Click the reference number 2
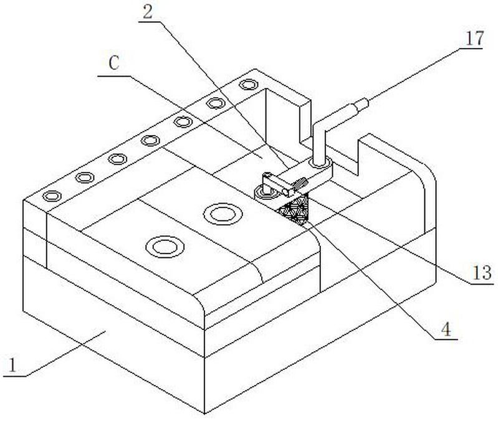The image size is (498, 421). tap(147, 12)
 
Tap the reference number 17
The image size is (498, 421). tap(474, 39)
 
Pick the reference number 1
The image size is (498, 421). tap(12, 365)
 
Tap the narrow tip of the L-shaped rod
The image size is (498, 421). tap(363, 104)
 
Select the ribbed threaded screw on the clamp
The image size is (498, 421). tap(300, 184)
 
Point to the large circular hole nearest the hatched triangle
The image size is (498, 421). tap(223, 214)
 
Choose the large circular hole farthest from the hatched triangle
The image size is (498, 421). tap(165, 247)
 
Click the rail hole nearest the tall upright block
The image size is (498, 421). tap(248, 85)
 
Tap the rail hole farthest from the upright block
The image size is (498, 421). tap(52, 196)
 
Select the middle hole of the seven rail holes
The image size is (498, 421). tap(150, 140)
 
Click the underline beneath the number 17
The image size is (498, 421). tap(471, 49)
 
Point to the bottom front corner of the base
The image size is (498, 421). tap(204, 414)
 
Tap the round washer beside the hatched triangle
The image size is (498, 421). tap(264, 192)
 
